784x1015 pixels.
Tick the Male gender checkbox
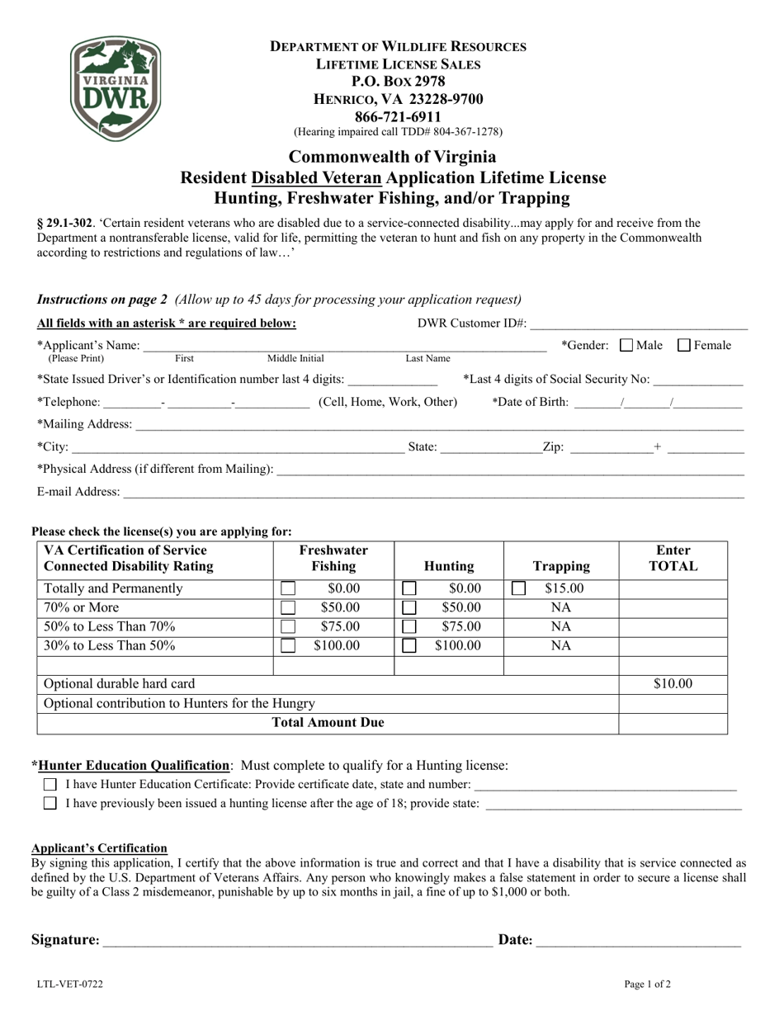pyautogui.click(x=626, y=346)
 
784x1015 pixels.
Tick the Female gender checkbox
pyautogui.click(x=684, y=346)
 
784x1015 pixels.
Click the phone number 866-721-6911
pyautogui.click(x=398, y=116)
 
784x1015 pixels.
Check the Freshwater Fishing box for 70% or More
pyautogui.click(x=288, y=608)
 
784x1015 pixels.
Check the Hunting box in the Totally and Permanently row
pyautogui.click(x=409, y=589)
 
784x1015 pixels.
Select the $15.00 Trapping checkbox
pyautogui.click(x=519, y=589)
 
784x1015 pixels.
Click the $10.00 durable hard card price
pyautogui.click(x=673, y=684)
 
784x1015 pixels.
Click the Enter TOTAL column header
pyautogui.click(x=673, y=559)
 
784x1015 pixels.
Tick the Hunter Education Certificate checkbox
pyautogui.click(x=50, y=784)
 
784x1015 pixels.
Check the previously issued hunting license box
pyautogui.click(x=50, y=803)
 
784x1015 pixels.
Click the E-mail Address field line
pyautogui.click(x=433, y=493)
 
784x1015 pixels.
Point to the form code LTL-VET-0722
pyautogui.click(x=70, y=984)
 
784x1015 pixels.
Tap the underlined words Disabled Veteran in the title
pyautogui.click(x=316, y=177)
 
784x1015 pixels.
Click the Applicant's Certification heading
pyautogui.click(x=99, y=848)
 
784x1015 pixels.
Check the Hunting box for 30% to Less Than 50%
pyautogui.click(x=409, y=646)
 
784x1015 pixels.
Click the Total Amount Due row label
pyautogui.click(x=328, y=724)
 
